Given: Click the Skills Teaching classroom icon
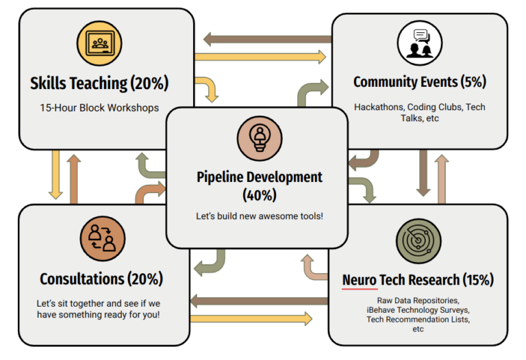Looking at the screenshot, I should [99, 44].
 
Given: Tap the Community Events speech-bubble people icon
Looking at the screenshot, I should [419, 43].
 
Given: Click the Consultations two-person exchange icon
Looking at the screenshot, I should [101, 240].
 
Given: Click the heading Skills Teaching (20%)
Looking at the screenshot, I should [99, 83].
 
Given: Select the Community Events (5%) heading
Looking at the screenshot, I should [419, 82].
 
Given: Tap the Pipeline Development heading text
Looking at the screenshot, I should [259, 177].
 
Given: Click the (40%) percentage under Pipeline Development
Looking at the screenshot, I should [259, 195].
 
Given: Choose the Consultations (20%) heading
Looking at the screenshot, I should [101, 279].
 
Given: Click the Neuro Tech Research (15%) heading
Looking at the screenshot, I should [418, 279].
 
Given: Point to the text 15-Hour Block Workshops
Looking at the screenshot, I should [99, 107].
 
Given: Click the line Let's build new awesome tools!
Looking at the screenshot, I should [259, 216].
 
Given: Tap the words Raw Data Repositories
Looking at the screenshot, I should [418, 300].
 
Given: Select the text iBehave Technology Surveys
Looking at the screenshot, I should [418, 310].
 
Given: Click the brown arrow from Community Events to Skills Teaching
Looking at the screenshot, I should [267, 39].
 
